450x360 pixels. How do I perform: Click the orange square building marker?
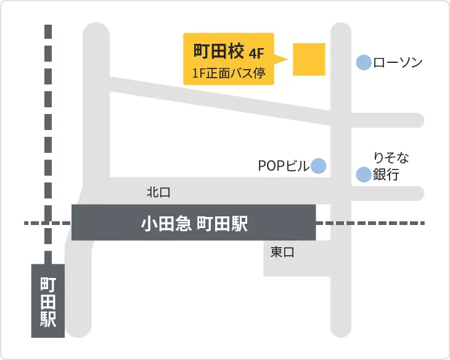[308, 59]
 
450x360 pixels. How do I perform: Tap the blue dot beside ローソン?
[364, 62]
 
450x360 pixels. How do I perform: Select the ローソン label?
[398, 62]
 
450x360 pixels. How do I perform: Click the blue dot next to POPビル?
[318, 165]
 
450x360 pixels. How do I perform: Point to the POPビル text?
[283, 166]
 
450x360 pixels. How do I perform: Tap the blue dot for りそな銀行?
[364, 174]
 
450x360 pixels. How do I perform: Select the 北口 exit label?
[158, 192]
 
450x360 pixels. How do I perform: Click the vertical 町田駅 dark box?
[48, 301]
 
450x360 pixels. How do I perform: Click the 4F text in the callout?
[256, 51]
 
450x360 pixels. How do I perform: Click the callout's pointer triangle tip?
[287, 60]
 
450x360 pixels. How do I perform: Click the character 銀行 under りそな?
[387, 175]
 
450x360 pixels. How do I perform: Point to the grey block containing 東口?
[290, 258]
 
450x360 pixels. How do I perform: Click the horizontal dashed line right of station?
[370, 223]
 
